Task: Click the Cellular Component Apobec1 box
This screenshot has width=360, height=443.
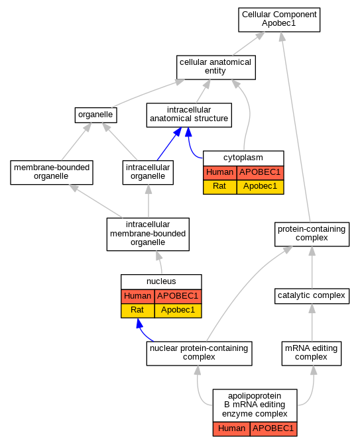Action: click(x=279, y=20)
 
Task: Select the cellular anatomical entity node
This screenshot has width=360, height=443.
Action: click(x=215, y=68)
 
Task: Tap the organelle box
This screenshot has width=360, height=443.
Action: click(x=95, y=115)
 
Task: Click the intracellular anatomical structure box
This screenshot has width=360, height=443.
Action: click(x=189, y=115)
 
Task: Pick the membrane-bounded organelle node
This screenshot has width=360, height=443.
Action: click(x=52, y=172)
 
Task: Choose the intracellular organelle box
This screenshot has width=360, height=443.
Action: click(x=148, y=172)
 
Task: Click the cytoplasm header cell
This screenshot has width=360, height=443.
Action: click(x=243, y=158)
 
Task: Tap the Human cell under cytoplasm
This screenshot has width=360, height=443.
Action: click(x=219, y=172)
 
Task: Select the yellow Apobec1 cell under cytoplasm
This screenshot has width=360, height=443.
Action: click(x=260, y=187)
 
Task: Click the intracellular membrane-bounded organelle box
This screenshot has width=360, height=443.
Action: click(x=148, y=234)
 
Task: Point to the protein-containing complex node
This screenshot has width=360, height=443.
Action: click(x=312, y=234)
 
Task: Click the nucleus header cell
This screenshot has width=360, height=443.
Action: click(x=161, y=281)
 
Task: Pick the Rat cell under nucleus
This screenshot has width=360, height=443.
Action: click(x=137, y=311)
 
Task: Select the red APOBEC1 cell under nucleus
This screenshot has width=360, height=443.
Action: click(x=178, y=297)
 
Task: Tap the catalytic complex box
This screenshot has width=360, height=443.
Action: click(x=312, y=296)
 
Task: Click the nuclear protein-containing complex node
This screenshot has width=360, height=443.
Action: click(x=199, y=353)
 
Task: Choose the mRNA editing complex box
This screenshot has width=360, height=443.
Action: click(x=312, y=353)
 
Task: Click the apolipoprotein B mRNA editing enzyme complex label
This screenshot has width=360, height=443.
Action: click(x=255, y=405)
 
